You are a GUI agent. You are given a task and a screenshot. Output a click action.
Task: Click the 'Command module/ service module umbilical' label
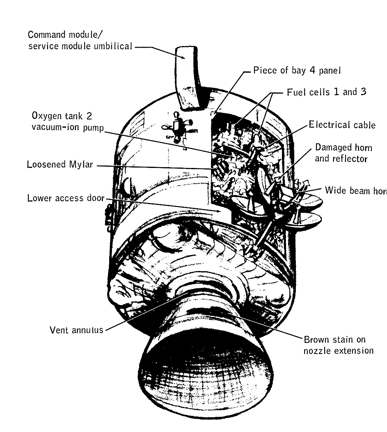tap(80, 40)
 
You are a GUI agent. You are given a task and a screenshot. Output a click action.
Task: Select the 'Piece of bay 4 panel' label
tap(297, 70)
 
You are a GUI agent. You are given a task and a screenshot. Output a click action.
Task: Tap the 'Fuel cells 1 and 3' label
tap(327, 92)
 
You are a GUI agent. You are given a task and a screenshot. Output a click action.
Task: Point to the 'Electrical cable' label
tap(342, 124)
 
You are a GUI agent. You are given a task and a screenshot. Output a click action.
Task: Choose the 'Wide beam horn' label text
tap(355, 191)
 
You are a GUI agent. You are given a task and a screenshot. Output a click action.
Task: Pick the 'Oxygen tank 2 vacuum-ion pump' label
tap(68, 121)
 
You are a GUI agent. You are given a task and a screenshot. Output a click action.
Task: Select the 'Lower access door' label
tap(66, 198)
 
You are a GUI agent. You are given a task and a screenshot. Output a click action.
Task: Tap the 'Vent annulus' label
tap(76, 330)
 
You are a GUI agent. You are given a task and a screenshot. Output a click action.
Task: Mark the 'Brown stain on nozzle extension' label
tap(338, 345)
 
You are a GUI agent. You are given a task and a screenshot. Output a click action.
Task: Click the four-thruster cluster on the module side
tap(175, 128)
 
